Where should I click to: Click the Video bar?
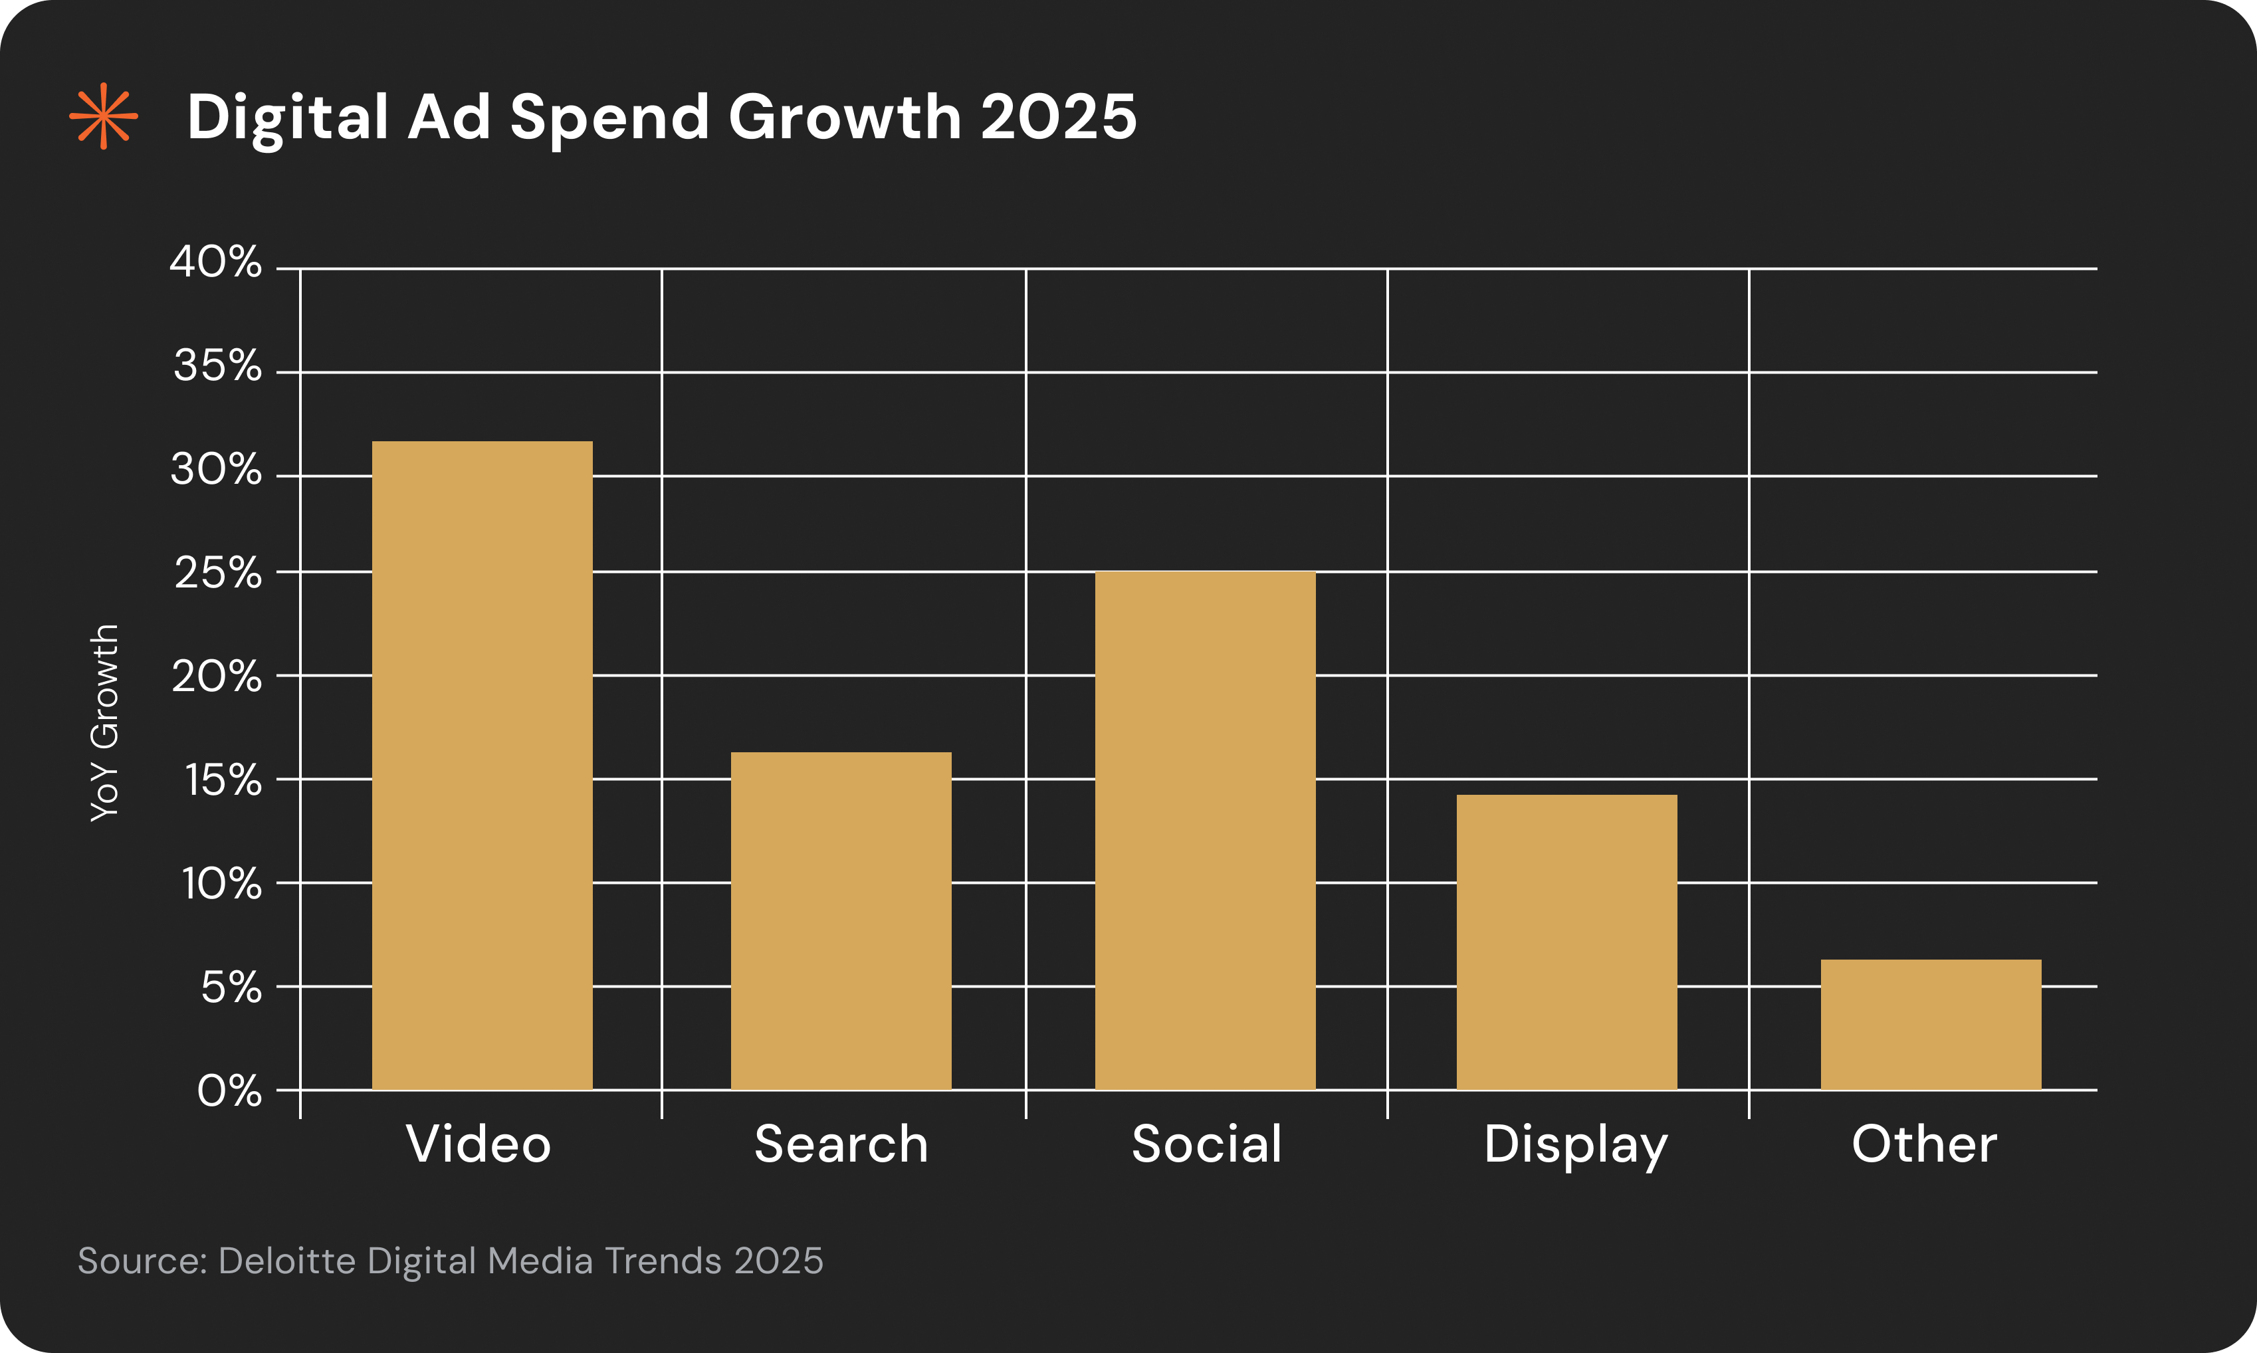point(483,765)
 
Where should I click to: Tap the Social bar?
point(1205,829)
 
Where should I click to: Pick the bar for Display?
point(1566,942)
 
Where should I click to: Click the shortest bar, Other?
point(1931,1024)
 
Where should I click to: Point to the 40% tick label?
point(216,262)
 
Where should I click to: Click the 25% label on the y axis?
point(218,573)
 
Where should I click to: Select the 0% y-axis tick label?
point(229,1091)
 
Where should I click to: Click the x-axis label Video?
point(479,1144)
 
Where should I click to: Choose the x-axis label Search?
point(841,1144)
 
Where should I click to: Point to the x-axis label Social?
point(1206,1144)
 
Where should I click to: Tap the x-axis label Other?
point(1923,1144)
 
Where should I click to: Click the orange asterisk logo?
point(104,116)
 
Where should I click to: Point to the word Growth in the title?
point(845,117)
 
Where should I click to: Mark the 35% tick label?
point(217,367)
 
